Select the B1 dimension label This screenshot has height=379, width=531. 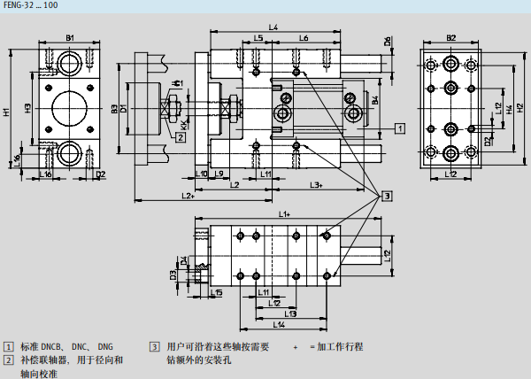[70, 36]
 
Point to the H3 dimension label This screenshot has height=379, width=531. [28, 108]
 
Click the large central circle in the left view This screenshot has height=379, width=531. [70, 109]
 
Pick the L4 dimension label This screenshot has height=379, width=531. [273, 28]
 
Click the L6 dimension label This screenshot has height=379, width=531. [303, 38]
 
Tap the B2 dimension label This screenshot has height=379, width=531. [450, 36]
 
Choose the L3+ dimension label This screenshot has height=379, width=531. [316, 184]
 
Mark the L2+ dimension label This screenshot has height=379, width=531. [188, 195]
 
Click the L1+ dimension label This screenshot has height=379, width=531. [285, 214]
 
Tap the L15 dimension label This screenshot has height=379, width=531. [218, 292]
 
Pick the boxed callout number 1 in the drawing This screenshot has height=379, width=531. [400, 129]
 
